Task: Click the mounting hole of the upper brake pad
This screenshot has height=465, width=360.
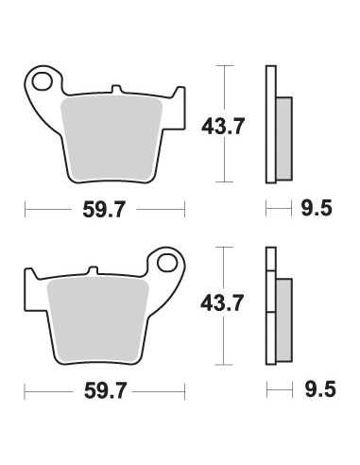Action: (x=43, y=82)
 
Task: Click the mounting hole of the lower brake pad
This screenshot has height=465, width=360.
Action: (x=167, y=263)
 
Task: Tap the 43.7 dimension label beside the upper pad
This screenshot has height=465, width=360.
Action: (x=223, y=127)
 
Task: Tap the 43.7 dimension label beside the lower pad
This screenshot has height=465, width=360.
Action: (x=222, y=302)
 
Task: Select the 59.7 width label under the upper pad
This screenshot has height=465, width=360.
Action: (x=104, y=209)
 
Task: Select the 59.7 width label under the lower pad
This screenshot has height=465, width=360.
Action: (x=106, y=390)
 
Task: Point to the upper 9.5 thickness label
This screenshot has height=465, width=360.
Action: (x=317, y=208)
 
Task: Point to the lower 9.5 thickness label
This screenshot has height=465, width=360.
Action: (x=320, y=389)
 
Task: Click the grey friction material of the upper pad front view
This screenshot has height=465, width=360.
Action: (x=111, y=140)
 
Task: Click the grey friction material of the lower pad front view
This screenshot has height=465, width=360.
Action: (x=97, y=321)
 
